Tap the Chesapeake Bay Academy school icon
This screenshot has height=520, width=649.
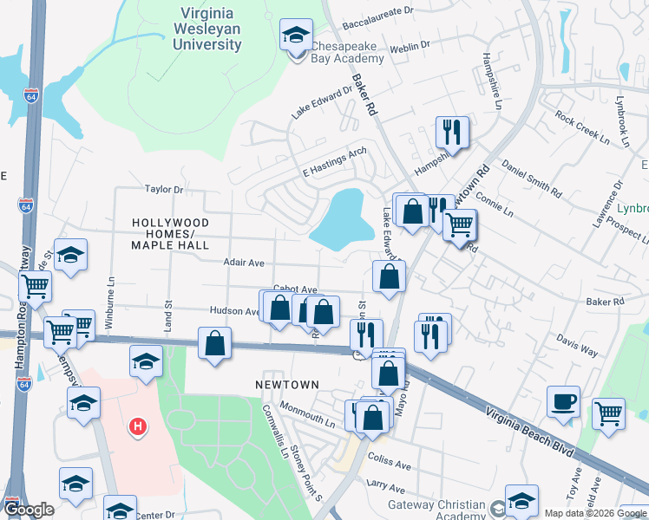click(296, 36)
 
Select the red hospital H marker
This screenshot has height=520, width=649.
click(136, 426)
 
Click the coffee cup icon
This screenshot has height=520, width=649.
click(563, 401)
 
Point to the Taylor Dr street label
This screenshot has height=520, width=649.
click(164, 189)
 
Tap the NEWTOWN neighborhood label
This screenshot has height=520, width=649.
click(287, 384)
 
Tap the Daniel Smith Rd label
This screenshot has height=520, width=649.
click(531, 176)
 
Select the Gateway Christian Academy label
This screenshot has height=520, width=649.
click(438, 511)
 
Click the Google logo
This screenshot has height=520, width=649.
click(29, 510)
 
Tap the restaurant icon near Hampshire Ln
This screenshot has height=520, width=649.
click(451, 132)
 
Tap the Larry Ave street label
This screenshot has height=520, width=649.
click(386, 487)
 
